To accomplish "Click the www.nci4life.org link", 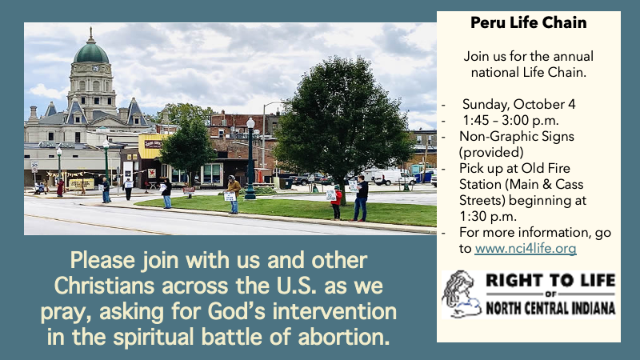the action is (526, 248).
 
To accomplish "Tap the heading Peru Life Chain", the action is (529, 22).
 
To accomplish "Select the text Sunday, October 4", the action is (518, 105).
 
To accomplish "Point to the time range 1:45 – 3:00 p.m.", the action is (510, 121).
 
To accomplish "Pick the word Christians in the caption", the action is (104, 286).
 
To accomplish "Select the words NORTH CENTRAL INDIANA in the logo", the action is (550, 308).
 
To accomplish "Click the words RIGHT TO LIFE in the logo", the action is (550, 281).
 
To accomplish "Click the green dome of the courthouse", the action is (91, 52).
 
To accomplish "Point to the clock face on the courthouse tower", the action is (94, 69).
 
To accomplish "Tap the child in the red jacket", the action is (336, 202).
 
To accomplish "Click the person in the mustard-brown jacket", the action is (234, 194).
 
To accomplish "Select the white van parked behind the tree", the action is (389, 176).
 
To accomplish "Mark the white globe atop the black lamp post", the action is (250, 123).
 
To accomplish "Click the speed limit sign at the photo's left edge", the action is (34, 167).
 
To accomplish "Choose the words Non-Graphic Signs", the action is (517, 136).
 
